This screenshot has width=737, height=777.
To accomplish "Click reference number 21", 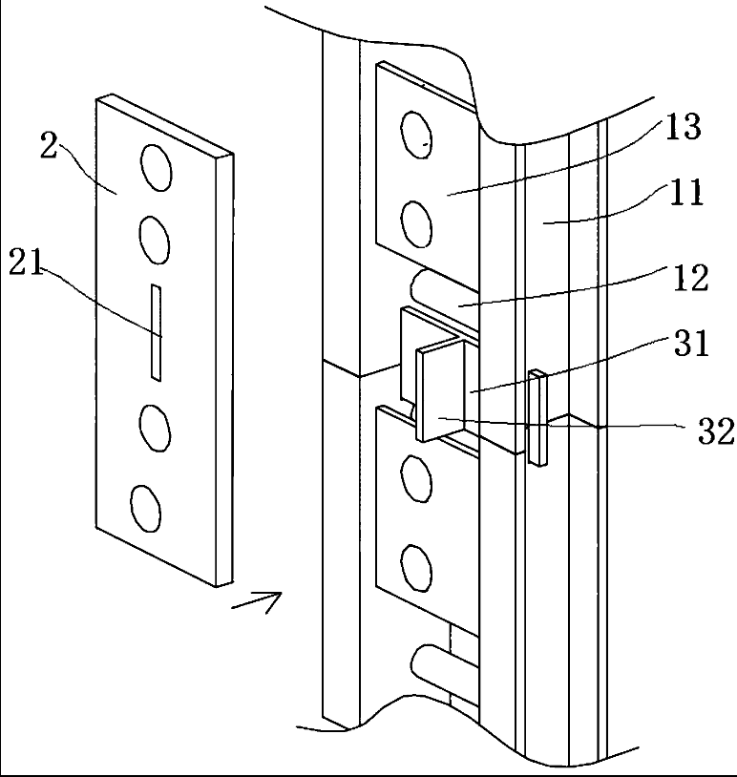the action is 26,263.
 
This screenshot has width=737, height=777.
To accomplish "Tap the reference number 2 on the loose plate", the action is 49,146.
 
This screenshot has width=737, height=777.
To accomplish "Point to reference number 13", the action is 683,127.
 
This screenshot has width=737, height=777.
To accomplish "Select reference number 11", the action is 687,192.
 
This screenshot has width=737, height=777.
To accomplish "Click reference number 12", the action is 690,278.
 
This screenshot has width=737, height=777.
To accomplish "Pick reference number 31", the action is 691,344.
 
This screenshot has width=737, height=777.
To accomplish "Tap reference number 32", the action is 716,431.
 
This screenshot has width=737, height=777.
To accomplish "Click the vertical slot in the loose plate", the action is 156,332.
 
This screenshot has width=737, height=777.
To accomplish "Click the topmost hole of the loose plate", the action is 157,167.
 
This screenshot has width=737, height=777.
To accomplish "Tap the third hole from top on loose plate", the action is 155,429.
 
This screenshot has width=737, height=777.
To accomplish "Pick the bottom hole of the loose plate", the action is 146,509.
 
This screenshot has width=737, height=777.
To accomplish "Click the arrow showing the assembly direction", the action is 257,600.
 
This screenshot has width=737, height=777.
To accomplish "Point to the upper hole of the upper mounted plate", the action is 415,135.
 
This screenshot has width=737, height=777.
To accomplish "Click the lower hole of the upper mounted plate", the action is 415,223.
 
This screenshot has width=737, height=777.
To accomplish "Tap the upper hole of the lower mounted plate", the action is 415,478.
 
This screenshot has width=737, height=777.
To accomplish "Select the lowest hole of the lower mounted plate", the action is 415,567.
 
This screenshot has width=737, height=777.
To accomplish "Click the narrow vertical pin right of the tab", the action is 537,418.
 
